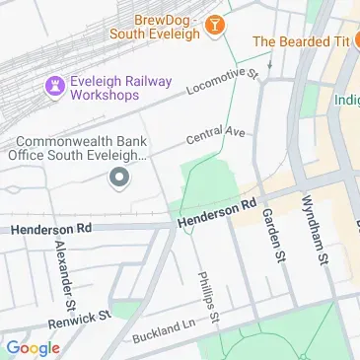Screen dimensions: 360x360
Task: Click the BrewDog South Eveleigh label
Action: coord(163,25)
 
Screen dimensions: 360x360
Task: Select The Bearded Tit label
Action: coord(300,41)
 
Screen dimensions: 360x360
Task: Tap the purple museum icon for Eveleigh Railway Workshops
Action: coord(54,88)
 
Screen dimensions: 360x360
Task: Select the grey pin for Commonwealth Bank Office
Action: coord(119,178)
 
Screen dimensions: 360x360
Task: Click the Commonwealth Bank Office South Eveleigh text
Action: coord(79,148)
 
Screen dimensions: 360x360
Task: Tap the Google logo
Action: coord(33,347)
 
